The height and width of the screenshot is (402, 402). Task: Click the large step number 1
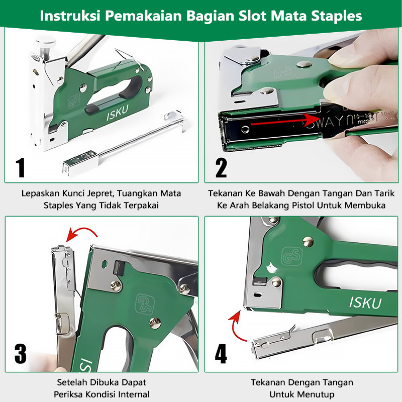click(x=21, y=167)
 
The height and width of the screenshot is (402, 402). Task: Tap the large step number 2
click(x=221, y=167)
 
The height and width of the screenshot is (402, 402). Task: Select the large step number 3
click(x=20, y=353)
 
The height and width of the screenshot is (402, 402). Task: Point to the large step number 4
click(x=221, y=353)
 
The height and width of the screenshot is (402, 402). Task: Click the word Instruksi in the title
click(x=68, y=16)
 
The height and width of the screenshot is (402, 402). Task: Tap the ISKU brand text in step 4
click(x=365, y=302)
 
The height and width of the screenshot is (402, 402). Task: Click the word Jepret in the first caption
click(x=104, y=193)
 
